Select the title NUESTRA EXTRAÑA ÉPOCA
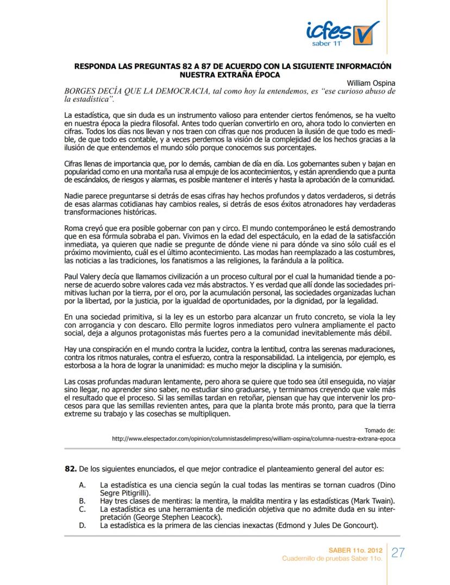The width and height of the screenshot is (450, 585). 233,74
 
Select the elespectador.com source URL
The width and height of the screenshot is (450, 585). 253,437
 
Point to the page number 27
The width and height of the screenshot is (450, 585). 399,552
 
